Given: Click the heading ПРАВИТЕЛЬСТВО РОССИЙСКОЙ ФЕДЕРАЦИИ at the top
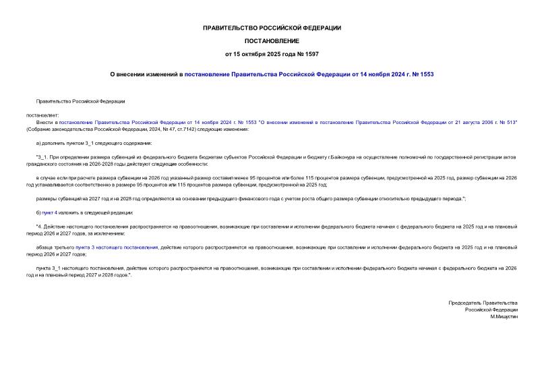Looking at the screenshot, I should [x=272, y=28].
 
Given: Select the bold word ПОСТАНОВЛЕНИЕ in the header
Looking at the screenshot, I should [x=272, y=40].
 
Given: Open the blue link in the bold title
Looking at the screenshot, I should [x=309, y=74].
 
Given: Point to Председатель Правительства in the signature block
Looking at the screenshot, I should [x=483, y=302].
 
